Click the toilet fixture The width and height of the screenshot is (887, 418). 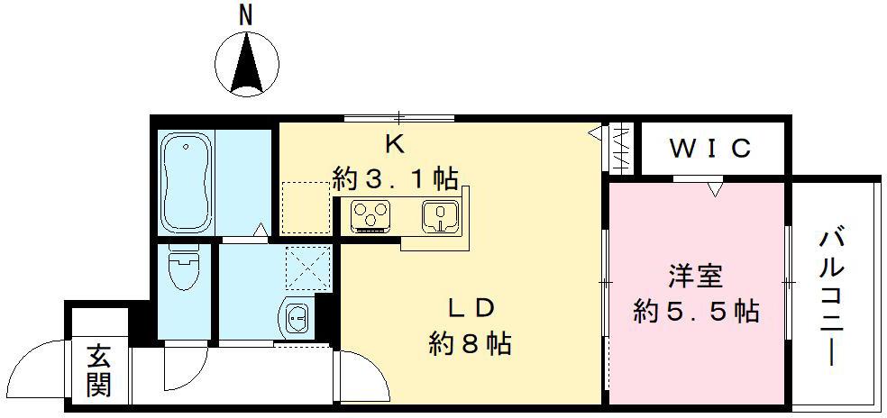point(185,270)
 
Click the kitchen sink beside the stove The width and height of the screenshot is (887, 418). point(440,216)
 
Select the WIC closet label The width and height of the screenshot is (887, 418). point(710,149)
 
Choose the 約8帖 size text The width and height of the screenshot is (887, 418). point(471,344)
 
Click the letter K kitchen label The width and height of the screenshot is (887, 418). point(394,142)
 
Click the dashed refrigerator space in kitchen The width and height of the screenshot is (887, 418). point(304,205)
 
